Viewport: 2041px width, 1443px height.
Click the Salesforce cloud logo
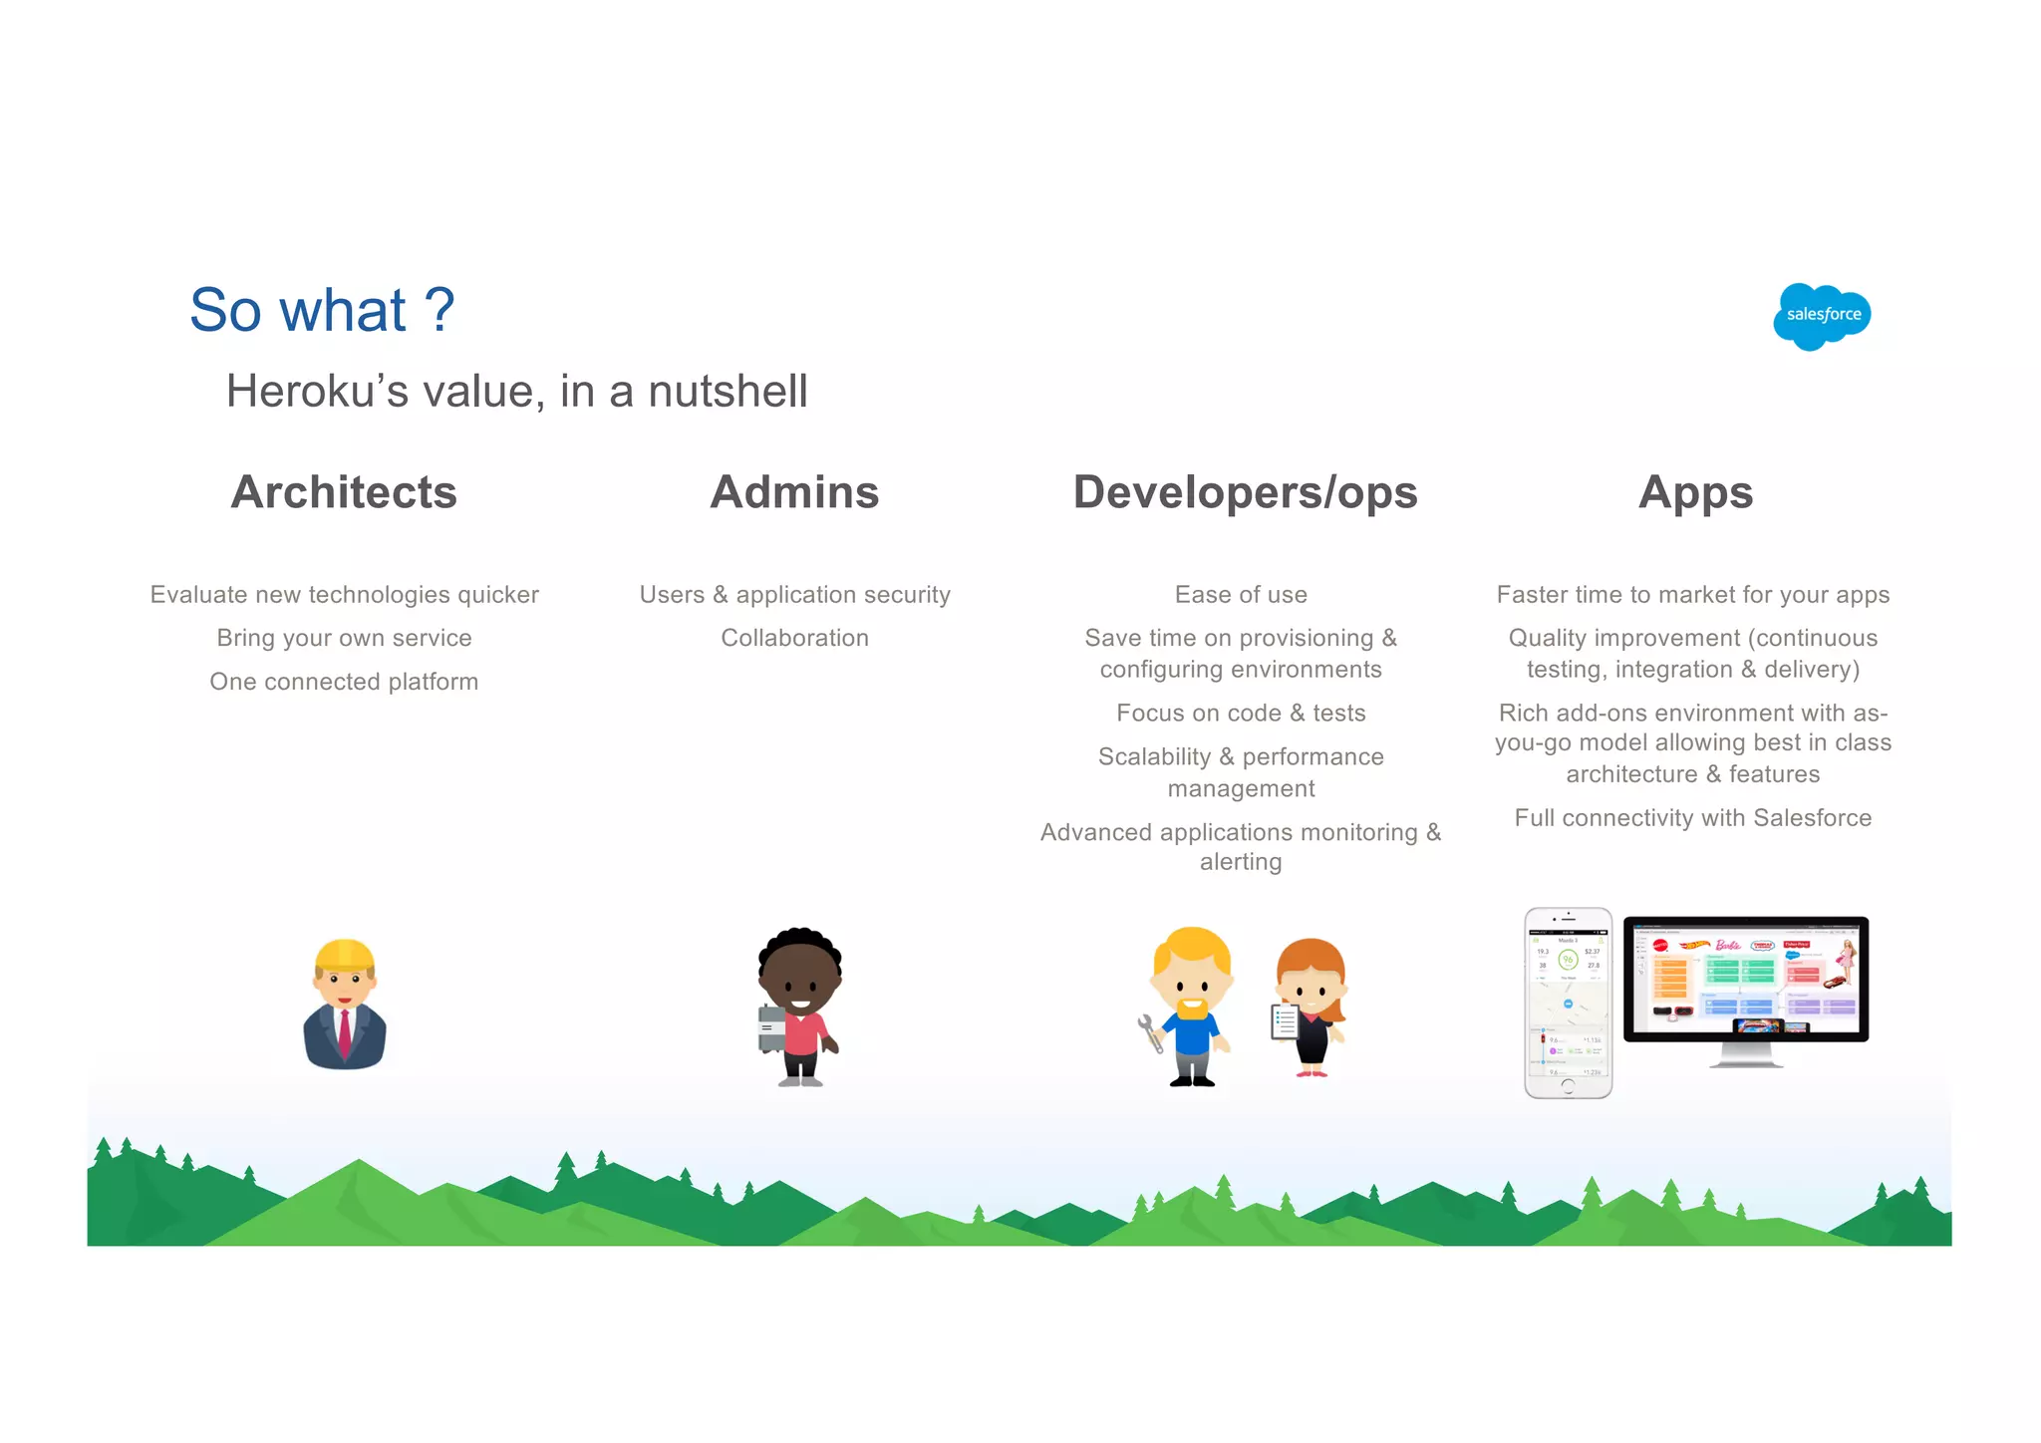pos(1822,315)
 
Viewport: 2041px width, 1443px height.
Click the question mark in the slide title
pos(439,310)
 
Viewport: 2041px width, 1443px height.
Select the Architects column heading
pos(344,492)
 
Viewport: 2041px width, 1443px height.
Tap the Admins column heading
pos(794,492)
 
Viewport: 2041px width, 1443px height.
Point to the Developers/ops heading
pos(1245,492)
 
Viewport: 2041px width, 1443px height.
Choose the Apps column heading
pos(1695,492)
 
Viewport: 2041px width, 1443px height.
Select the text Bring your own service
pos(344,638)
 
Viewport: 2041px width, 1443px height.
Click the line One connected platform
pos(344,682)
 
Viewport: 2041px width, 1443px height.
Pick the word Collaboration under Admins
pos(794,638)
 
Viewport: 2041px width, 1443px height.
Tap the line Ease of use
pos(1241,595)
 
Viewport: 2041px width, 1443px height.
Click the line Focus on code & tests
pos(1241,714)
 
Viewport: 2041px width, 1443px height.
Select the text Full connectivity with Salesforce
pos(1692,818)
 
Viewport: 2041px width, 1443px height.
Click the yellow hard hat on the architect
pos(345,955)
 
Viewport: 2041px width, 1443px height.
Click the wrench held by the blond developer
pos(1151,1033)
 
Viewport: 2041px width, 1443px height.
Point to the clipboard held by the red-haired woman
pos(1285,1022)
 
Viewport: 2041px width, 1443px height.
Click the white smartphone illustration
pos(1568,1003)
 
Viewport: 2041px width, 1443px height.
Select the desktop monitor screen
pos(1746,979)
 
